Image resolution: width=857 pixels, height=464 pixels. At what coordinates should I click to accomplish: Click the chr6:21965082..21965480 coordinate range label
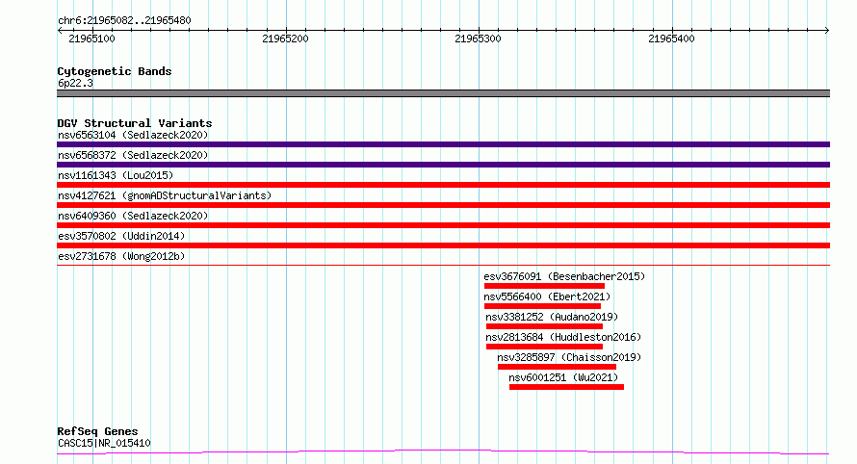pos(124,21)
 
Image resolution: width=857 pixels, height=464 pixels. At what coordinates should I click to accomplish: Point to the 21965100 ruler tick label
pos(91,39)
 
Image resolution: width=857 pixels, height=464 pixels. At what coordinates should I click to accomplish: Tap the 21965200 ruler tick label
pos(285,39)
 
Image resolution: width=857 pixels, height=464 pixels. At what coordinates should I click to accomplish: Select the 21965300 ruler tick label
pos(478,39)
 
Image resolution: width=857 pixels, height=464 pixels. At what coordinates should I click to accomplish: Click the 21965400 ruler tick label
pos(671,39)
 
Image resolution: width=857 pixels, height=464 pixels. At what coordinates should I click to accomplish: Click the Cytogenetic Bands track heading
pos(115,71)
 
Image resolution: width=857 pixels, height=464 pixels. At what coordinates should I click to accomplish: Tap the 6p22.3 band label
pos(75,83)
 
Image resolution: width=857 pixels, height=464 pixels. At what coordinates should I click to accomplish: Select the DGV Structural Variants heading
pos(135,123)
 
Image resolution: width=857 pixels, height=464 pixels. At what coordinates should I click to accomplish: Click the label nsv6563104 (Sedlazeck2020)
pos(133,135)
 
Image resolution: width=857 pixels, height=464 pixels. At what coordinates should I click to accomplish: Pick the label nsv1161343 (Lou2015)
pos(116,175)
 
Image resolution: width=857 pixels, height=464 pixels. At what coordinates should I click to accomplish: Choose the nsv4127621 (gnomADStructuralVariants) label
pos(165,195)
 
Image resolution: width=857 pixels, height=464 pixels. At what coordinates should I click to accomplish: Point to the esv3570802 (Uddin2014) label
pos(121,236)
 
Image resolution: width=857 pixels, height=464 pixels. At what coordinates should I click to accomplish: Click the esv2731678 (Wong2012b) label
pos(121,256)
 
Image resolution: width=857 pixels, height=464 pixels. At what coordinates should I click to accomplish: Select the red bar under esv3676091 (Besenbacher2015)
pos(544,286)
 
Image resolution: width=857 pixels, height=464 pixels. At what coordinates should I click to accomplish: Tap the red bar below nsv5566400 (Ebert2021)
pos(542,306)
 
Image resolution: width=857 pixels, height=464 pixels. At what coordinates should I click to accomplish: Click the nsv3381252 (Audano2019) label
pos(552,317)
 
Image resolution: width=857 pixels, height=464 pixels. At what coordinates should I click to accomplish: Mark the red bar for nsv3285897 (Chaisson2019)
pos(557,367)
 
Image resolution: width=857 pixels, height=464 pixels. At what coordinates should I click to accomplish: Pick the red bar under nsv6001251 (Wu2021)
pos(566,387)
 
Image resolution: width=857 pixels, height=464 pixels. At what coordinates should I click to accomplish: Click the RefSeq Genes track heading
pos(97,432)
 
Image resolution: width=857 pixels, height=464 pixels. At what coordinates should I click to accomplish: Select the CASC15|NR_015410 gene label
pos(104,443)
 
